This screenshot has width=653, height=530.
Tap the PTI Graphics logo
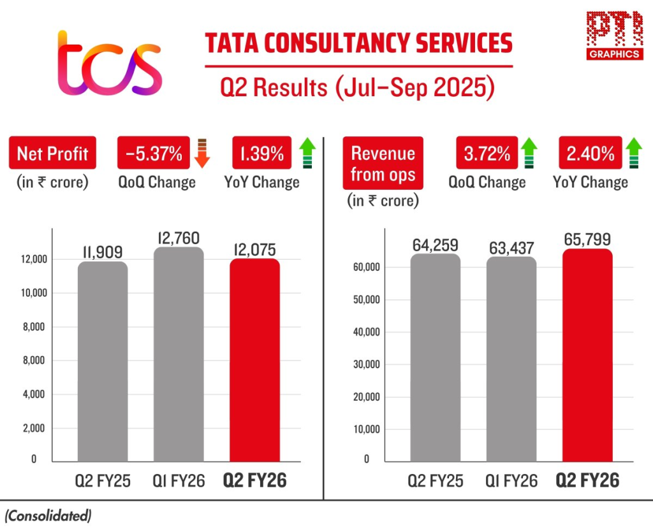613,36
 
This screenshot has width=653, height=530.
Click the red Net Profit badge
53,153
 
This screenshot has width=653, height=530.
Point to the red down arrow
202,153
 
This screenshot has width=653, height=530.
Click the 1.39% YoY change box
262,153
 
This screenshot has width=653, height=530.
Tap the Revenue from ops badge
383,163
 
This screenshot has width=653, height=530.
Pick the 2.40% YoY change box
591,153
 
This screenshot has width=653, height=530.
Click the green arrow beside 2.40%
633,153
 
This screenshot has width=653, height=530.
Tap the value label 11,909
102,252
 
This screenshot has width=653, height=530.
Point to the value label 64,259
435,245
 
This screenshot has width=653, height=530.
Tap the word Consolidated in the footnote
48,515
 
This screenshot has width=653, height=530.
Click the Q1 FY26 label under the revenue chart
511,480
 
